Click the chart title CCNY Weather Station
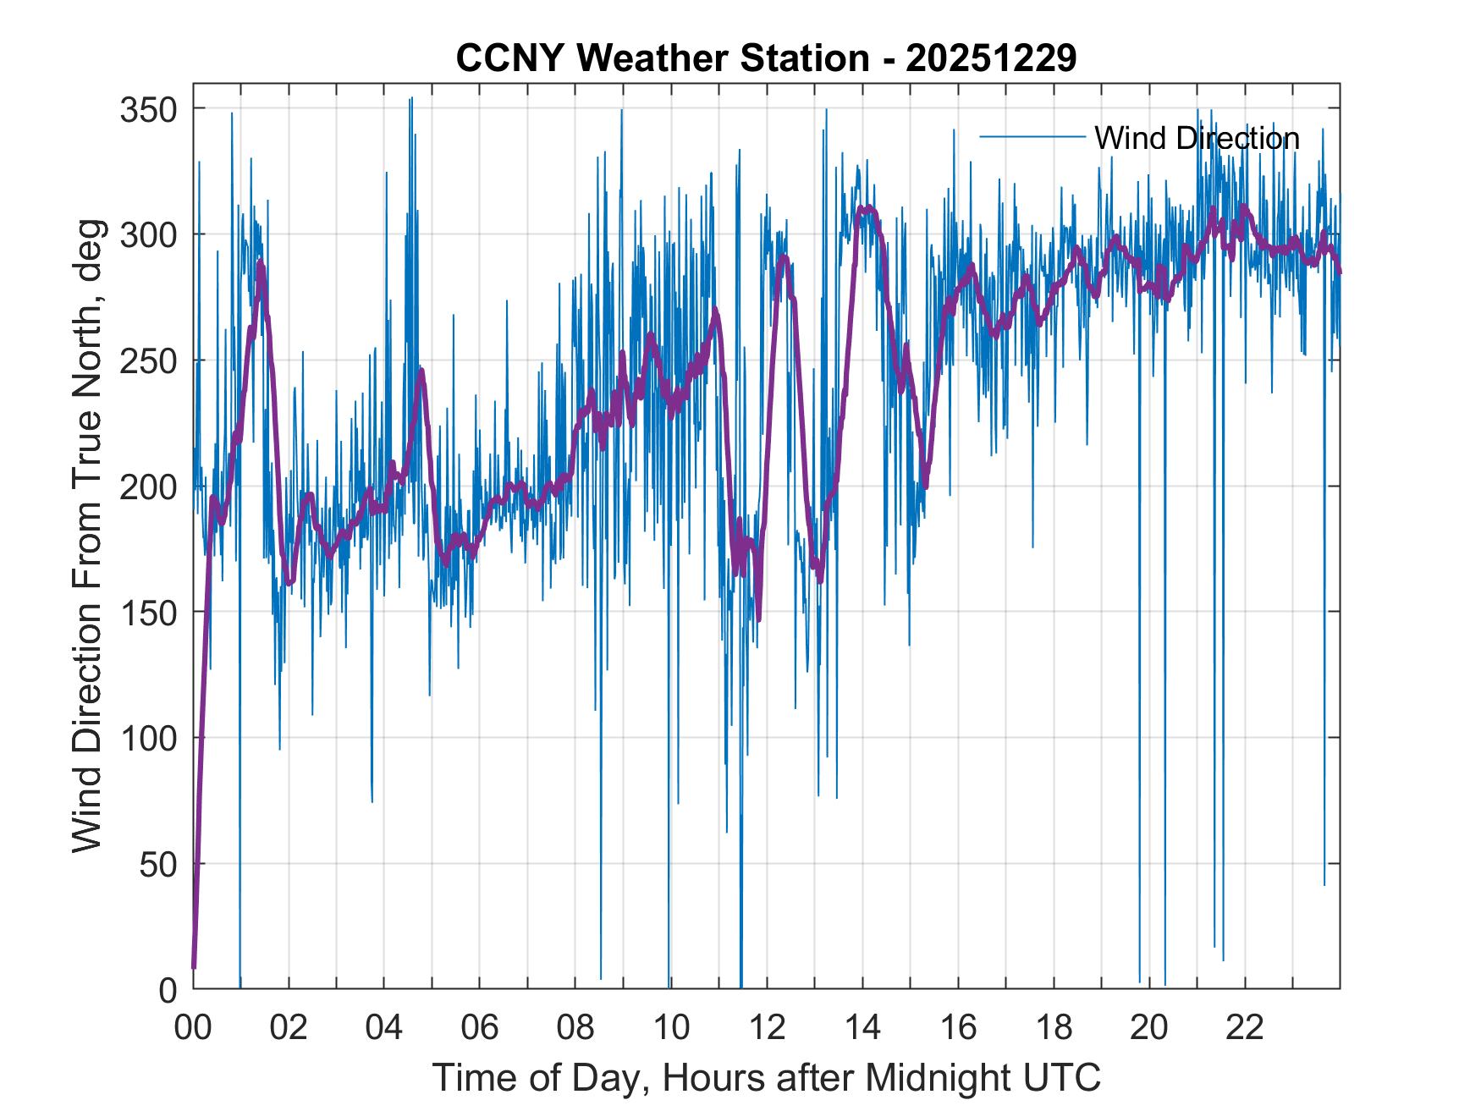coord(662,58)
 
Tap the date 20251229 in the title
coord(991,58)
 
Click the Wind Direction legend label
coord(1197,138)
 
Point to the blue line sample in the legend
coord(1032,137)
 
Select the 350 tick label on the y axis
coord(147,109)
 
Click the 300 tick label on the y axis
coord(147,234)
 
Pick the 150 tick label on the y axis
coord(147,612)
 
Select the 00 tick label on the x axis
coord(193,1028)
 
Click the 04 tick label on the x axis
coord(384,1028)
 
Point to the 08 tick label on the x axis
coord(575,1028)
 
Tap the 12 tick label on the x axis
coord(767,1028)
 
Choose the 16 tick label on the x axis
coord(958,1028)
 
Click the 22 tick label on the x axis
coord(1245,1028)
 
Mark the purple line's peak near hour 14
coord(865,207)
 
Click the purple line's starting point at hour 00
coord(194,966)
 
